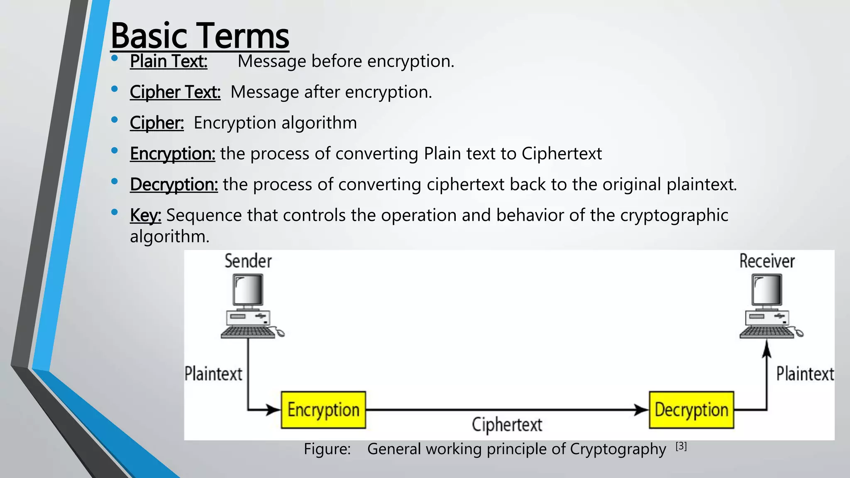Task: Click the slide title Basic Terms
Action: coord(200,37)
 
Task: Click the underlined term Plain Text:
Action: coord(168,61)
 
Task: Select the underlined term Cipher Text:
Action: coord(175,92)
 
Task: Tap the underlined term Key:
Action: coord(145,215)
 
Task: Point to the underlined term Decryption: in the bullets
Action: coord(173,185)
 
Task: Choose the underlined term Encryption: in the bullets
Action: coord(172,154)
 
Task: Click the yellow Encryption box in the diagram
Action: coord(323,410)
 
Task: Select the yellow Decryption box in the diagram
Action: coord(691,410)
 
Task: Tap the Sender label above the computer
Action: coord(248,261)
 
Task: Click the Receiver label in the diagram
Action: coord(767,261)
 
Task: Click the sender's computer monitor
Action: coord(248,290)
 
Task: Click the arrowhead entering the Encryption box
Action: coord(274,410)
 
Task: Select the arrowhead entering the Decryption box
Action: coord(642,410)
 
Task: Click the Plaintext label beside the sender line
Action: coord(213,374)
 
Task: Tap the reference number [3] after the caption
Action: coord(681,446)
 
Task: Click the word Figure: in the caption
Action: coord(327,449)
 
